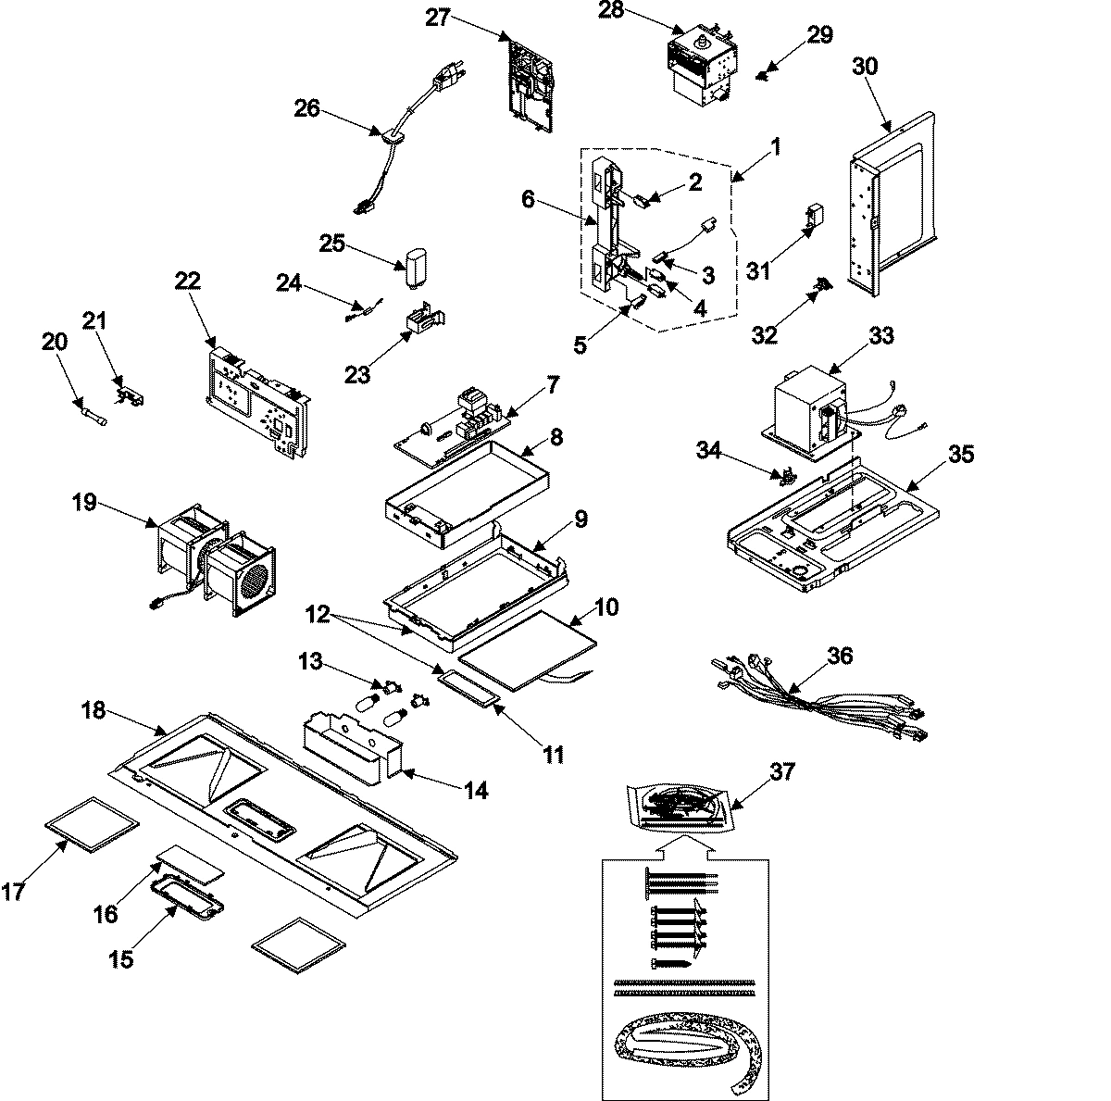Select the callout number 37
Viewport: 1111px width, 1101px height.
point(783,770)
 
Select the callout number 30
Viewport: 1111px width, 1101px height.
point(865,67)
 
